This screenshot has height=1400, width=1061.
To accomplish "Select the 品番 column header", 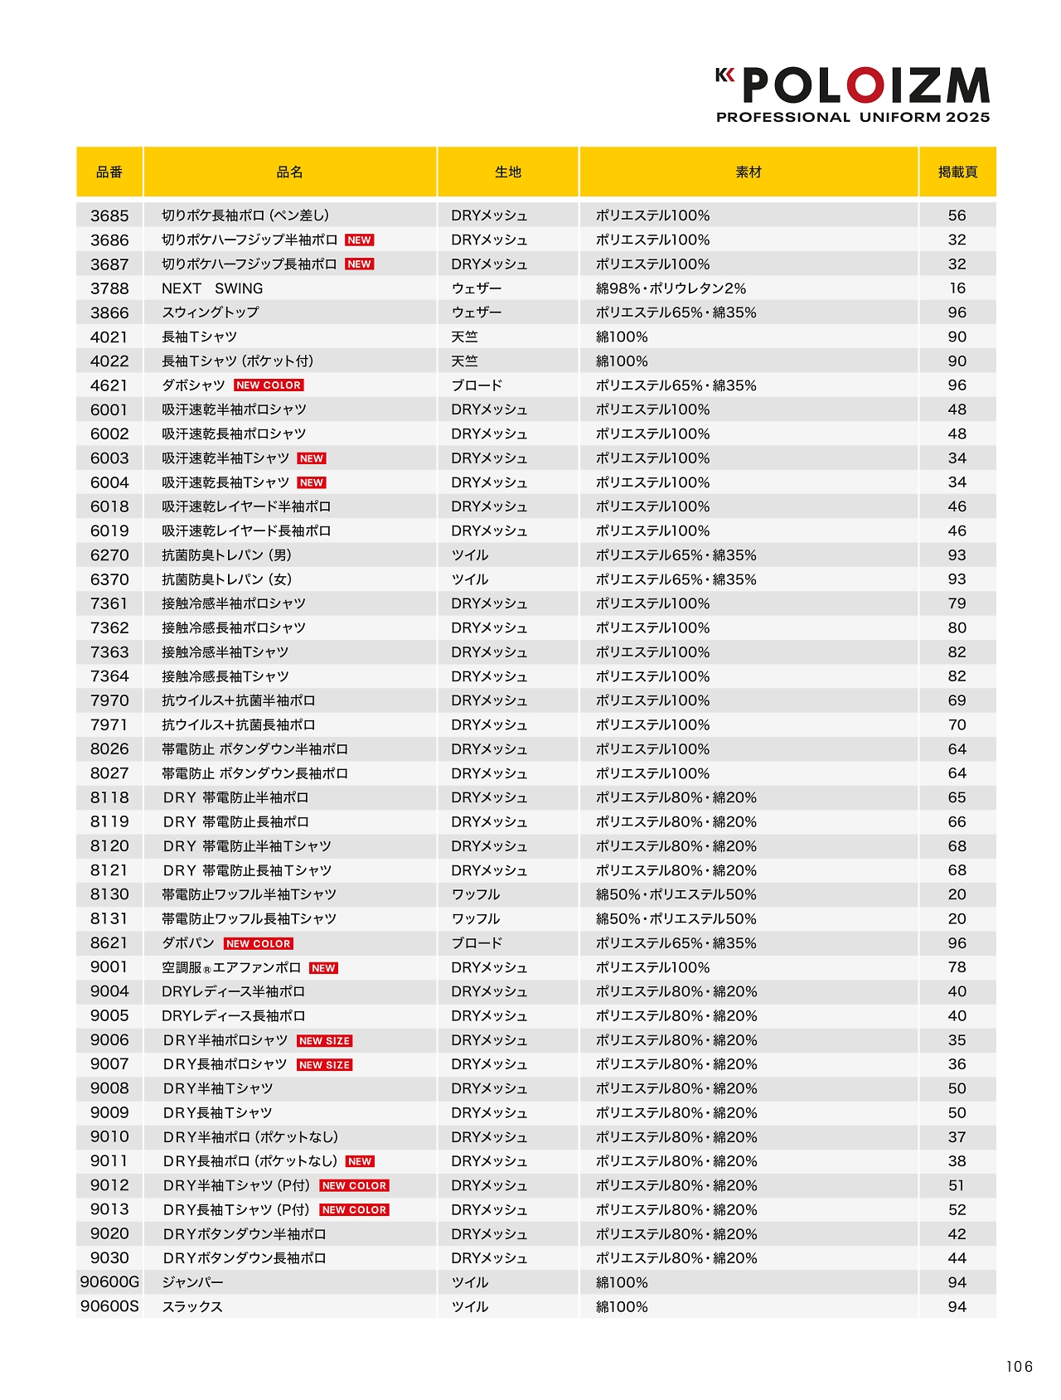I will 109,172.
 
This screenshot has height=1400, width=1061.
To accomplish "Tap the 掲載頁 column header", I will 957,172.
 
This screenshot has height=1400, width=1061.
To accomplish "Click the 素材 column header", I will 749,172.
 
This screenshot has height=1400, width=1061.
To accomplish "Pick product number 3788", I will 109,288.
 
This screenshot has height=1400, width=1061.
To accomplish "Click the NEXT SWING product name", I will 212,288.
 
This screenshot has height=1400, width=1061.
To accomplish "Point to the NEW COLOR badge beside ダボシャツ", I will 269,385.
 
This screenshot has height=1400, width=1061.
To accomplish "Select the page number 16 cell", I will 957,288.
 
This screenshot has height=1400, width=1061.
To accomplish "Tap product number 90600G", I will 109,1282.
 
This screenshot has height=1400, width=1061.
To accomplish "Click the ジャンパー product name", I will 192,1282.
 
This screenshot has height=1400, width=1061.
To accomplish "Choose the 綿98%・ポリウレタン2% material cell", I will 671,288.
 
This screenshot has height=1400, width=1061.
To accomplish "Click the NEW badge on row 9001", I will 323,968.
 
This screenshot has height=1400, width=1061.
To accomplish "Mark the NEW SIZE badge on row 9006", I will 325,1041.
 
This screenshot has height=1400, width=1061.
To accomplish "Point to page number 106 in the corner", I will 1020,1367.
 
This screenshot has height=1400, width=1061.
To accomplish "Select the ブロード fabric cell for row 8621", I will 477,943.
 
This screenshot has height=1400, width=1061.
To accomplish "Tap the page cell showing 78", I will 957,967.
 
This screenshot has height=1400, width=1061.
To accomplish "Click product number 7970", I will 109,700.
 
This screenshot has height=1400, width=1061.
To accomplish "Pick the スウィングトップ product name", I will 211,312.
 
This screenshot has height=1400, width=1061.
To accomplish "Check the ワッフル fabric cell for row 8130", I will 476,894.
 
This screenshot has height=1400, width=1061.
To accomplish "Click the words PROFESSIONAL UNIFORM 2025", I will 853,118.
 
